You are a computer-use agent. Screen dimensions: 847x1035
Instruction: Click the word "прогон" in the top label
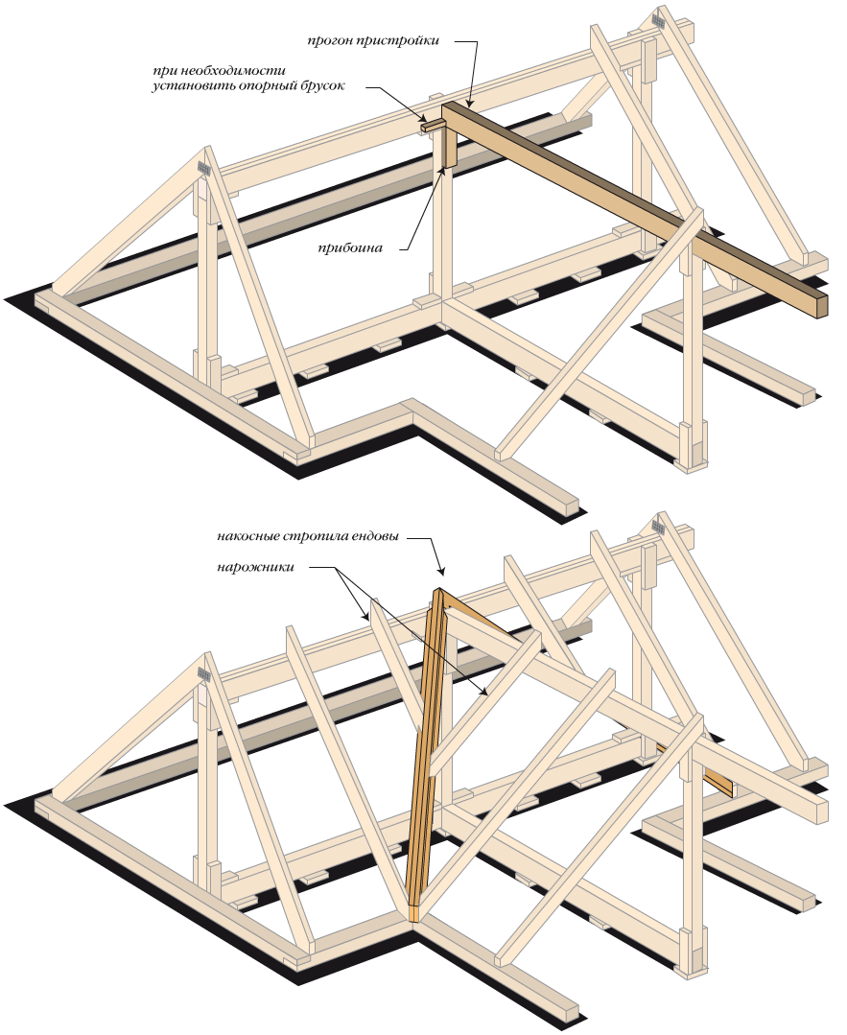click(329, 41)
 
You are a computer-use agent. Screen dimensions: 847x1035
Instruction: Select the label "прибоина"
click(350, 248)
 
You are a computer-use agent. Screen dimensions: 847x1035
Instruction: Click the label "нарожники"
click(254, 567)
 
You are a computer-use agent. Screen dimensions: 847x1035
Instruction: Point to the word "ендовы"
click(376, 536)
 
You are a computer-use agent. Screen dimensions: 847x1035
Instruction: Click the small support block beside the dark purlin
click(433, 124)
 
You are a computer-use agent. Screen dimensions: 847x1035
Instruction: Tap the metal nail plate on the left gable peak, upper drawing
click(204, 169)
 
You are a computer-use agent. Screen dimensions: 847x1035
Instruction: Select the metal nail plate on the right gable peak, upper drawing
click(658, 20)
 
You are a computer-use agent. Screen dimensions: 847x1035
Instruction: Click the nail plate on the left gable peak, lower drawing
click(204, 674)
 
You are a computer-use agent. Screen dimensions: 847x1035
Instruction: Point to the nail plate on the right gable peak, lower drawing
click(658, 526)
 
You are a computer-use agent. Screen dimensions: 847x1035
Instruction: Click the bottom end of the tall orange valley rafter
click(414, 914)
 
